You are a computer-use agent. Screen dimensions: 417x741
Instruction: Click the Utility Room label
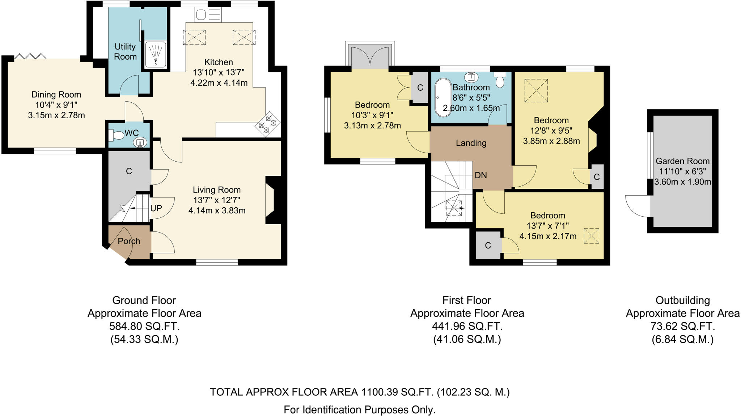pos(125,52)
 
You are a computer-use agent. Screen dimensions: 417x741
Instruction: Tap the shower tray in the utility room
pos(156,54)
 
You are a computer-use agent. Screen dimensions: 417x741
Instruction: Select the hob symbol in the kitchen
pos(268,124)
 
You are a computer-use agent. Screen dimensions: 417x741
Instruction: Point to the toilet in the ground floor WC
pos(116,136)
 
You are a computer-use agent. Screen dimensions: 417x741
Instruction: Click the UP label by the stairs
pos(156,208)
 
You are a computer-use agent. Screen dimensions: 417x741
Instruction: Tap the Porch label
pos(129,241)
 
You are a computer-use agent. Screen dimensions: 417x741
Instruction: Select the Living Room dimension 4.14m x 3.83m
pos(217,210)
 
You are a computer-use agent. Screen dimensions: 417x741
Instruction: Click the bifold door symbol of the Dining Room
pos(30,56)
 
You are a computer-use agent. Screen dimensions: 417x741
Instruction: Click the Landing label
pos(471,143)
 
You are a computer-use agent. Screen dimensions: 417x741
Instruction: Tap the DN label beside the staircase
pos(480,175)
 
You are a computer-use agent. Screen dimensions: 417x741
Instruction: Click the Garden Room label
pos(682,161)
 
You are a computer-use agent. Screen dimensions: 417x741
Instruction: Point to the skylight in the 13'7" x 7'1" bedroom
pos(591,236)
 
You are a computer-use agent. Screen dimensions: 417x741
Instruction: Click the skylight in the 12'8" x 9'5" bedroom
pos(536,90)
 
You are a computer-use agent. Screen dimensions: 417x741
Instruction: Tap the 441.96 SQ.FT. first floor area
pos(467,327)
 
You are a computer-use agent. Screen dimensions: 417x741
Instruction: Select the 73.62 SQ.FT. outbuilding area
pos(682,327)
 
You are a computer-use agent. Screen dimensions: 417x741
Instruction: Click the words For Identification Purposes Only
pos(359,410)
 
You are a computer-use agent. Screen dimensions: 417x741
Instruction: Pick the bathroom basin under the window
pos(471,77)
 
